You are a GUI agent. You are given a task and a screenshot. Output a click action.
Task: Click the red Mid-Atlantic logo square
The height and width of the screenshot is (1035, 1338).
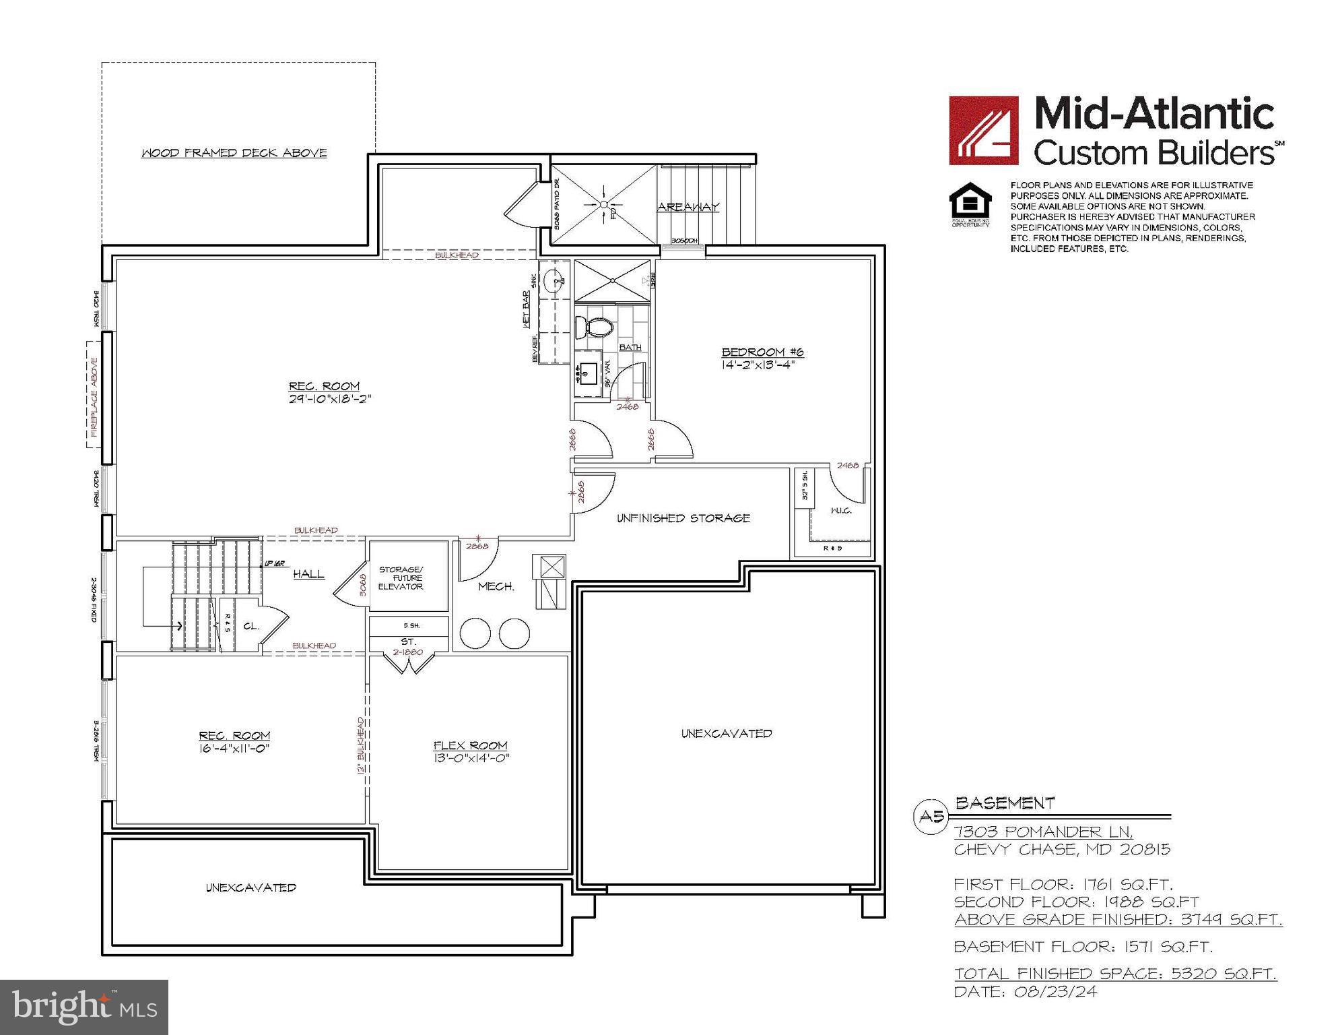[x=983, y=130]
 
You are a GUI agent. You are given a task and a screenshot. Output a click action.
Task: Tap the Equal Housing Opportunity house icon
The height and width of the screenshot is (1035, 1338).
[x=970, y=201]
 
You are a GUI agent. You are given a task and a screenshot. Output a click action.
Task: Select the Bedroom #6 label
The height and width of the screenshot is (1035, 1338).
[x=762, y=352]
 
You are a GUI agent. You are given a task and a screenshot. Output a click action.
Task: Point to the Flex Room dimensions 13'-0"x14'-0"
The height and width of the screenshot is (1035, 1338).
[x=471, y=757]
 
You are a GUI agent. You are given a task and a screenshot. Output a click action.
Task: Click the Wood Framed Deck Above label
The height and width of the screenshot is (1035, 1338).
[x=234, y=153]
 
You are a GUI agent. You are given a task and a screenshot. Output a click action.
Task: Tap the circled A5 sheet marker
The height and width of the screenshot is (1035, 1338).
[x=931, y=817]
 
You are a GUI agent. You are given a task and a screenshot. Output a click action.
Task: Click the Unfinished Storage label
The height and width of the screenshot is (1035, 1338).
[x=683, y=518]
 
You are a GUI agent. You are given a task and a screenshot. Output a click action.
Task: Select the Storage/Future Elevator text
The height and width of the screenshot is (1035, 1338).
[x=401, y=578]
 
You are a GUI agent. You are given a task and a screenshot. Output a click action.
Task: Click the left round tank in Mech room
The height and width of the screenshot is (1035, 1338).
[x=475, y=633]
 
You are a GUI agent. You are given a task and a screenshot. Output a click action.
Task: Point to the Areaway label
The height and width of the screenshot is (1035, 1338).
[x=688, y=207]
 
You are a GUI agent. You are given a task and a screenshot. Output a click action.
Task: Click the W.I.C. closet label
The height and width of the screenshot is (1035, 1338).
[x=841, y=511]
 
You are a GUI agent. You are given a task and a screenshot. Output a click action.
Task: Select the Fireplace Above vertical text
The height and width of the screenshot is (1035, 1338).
[x=94, y=396]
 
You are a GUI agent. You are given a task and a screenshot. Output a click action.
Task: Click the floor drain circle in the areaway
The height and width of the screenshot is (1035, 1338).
[x=604, y=204]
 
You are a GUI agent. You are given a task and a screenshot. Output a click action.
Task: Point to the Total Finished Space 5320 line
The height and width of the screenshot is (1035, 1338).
[x=1115, y=974]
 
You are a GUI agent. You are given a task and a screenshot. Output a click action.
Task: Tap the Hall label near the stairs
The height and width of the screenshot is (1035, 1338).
[x=308, y=574]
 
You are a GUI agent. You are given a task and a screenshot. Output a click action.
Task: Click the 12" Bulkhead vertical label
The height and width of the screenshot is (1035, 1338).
[x=362, y=746]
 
